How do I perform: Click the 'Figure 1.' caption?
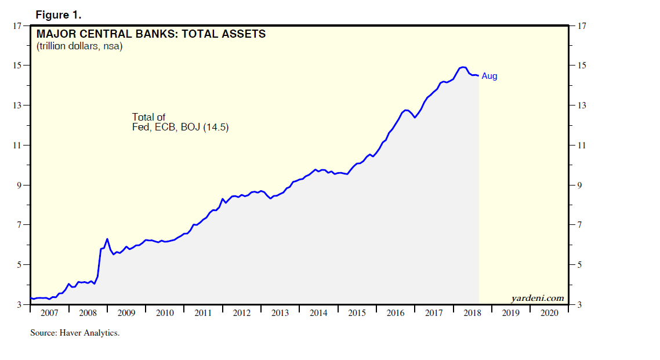tap(58, 14)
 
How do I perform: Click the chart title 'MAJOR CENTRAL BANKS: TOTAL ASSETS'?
tap(151, 34)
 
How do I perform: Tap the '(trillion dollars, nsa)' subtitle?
tap(79, 46)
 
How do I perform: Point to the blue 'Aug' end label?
tap(489, 76)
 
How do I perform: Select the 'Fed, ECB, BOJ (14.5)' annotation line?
tap(180, 128)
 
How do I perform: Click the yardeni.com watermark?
tap(538, 298)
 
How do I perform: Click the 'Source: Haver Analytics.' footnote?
tap(75, 333)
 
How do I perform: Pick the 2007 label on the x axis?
tap(49, 313)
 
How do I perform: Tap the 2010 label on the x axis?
tap(165, 313)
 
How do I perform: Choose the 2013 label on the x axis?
tap(280, 313)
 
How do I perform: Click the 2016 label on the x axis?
tap(396, 313)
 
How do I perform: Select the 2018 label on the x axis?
tap(472, 313)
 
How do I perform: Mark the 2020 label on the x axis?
tap(549, 313)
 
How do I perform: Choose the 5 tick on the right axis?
tap(579, 265)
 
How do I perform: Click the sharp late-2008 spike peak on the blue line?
tap(107, 239)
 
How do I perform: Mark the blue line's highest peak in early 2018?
tap(463, 67)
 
